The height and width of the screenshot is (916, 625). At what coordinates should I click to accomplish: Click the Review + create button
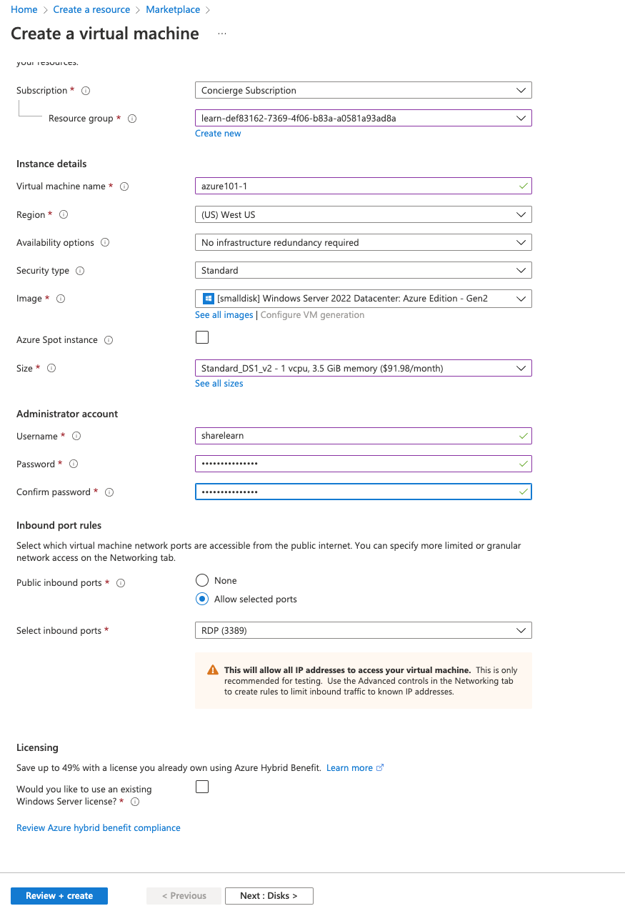pyautogui.click(x=59, y=896)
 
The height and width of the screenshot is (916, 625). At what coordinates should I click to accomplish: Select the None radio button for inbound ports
pyautogui.click(x=202, y=581)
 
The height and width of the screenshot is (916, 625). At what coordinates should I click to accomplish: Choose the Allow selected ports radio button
pyautogui.click(x=202, y=599)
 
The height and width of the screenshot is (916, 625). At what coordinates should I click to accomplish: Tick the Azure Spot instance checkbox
pyautogui.click(x=202, y=337)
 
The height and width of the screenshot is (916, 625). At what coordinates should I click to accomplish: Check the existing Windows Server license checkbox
pyautogui.click(x=202, y=787)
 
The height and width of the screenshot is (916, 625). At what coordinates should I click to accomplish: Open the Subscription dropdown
pyautogui.click(x=363, y=91)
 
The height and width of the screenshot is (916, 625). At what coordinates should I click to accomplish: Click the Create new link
pyautogui.click(x=218, y=134)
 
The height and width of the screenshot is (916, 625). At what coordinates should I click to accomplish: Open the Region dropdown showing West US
pyautogui.click(x=363, y=214)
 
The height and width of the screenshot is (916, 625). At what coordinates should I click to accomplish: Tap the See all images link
pyautogui.click(x=224, y=315)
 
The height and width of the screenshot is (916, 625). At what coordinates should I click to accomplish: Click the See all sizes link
pyautogui.click(x=219, y=384)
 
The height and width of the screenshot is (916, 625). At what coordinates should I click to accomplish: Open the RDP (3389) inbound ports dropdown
pyautogui.click(x=363, y=631)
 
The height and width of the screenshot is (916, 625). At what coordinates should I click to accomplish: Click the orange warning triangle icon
pyautogui.click(x=213, y=670)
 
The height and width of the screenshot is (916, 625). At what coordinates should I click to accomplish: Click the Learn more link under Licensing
pyautogui.click(x=349, y=768)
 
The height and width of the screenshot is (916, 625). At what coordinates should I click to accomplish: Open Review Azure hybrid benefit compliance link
pyautogui.click(x=99, y=828)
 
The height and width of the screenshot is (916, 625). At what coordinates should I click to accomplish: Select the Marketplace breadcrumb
pyautogui.click(x=173, y=10)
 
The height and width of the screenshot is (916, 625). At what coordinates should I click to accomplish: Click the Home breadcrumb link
pyautogui.click(x=24, y=10)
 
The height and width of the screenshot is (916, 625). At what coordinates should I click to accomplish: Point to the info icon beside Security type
pyautogui.click(x=80, y=271)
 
